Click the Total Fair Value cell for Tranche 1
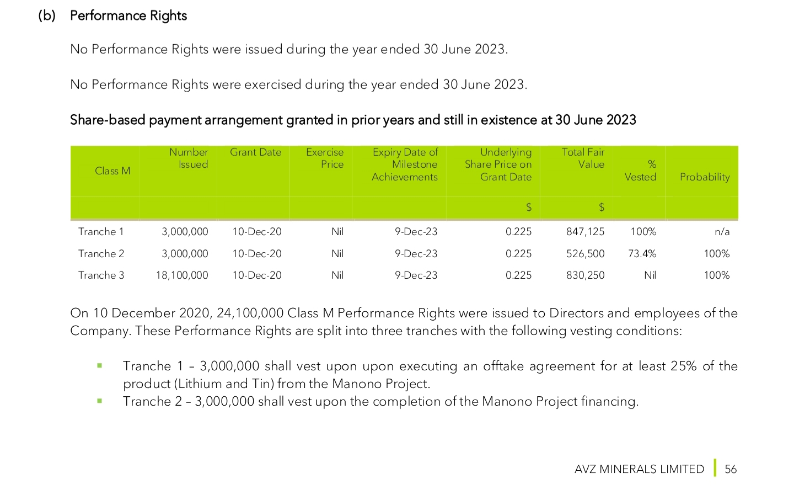point(585,232)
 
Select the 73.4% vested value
point(642,254)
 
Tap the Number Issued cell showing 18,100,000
point(182,275)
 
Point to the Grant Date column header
point(255,152)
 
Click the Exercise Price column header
point(325,158)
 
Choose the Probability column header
point(704,177)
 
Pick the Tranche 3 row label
point(101,275)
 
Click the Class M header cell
point(112,171)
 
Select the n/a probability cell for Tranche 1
point(722,232)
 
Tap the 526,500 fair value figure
point(585,254)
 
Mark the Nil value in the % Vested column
point(650,275)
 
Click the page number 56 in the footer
point(731,469)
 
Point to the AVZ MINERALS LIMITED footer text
point(639,469)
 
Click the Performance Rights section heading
point(128,15)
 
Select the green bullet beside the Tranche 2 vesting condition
point(100,401)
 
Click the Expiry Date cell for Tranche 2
point(416,254)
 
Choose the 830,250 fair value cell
point(585,275)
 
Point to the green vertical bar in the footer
point(715,467)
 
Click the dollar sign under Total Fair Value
point(602,208)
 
